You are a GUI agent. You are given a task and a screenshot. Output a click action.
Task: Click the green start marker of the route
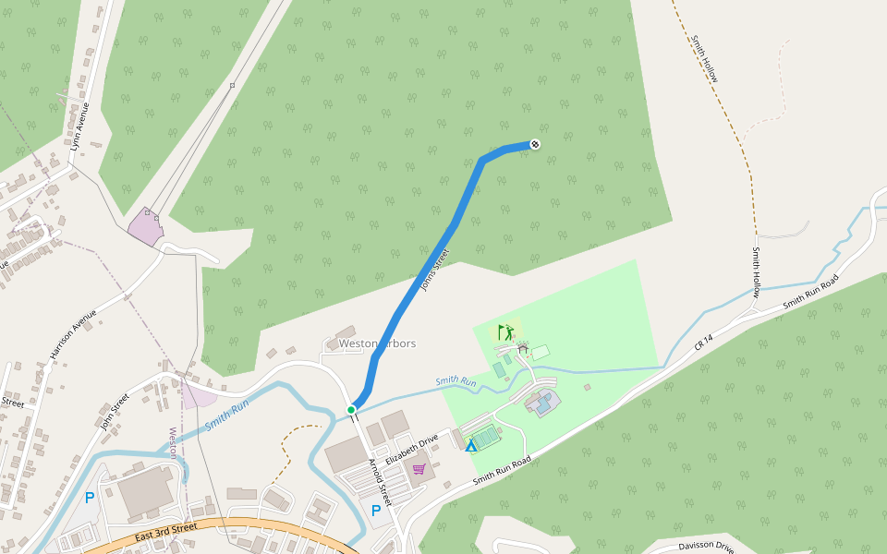point(351,409)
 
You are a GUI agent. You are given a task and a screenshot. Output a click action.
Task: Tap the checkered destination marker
point(535,143)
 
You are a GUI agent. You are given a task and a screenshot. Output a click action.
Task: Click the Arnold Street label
point(381,482)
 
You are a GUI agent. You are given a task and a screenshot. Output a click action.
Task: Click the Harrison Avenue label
point(74,333)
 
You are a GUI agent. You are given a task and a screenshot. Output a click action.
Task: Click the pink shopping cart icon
point(419,469)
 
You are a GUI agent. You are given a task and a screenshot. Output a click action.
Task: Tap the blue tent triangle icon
point(471,446)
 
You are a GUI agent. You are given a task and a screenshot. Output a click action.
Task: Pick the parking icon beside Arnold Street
point(376,510)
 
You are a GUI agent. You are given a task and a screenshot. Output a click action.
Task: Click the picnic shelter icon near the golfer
point(523,349)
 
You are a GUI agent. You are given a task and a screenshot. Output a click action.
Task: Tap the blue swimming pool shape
point(544,402)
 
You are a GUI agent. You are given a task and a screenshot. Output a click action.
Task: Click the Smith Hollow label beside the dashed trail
point(704,59)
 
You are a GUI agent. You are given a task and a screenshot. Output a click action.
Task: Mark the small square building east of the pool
point(587,387)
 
